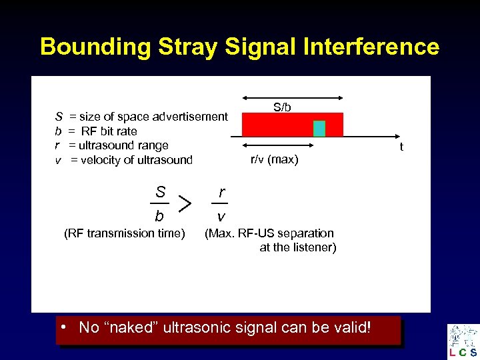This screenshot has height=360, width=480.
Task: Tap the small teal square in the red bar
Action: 319,129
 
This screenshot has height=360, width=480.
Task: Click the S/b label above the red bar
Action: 282,107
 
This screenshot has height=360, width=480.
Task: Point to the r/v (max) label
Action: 274,159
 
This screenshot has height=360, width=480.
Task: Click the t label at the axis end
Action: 401,147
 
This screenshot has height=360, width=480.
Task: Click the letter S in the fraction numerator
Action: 160,191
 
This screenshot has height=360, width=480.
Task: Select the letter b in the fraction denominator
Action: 159,216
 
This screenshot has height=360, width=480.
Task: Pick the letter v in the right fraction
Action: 221,217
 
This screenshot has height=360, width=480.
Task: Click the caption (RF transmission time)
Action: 124,233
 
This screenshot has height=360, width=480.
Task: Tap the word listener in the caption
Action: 317,247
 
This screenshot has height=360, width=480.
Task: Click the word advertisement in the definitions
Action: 190,117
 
